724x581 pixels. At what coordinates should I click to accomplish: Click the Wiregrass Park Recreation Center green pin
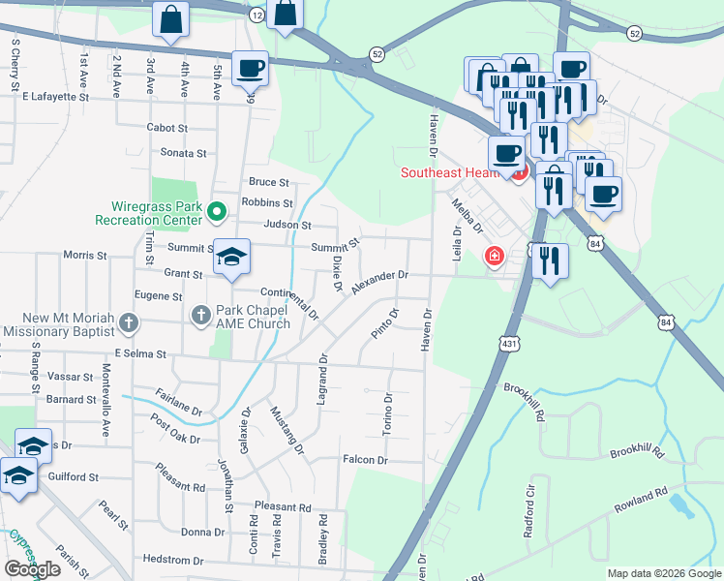coord(217,210)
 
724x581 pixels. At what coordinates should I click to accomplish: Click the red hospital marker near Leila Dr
coord(494,257)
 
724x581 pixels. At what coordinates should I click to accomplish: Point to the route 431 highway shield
coord(510,344)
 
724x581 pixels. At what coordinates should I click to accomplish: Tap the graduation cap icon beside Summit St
coord(231,258)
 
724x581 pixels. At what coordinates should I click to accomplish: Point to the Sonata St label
coord(183,153)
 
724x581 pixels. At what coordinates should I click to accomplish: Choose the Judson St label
coord(287,225)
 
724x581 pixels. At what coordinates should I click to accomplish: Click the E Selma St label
coord(140,354)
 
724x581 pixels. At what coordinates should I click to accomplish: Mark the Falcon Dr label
coord(364,460)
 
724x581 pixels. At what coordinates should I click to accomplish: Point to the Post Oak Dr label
coord(175,430)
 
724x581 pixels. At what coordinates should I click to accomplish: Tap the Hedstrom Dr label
coord(171,560)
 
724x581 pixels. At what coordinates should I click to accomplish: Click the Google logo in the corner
coord(32,569)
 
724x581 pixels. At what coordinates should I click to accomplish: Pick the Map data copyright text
coord(664,573)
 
